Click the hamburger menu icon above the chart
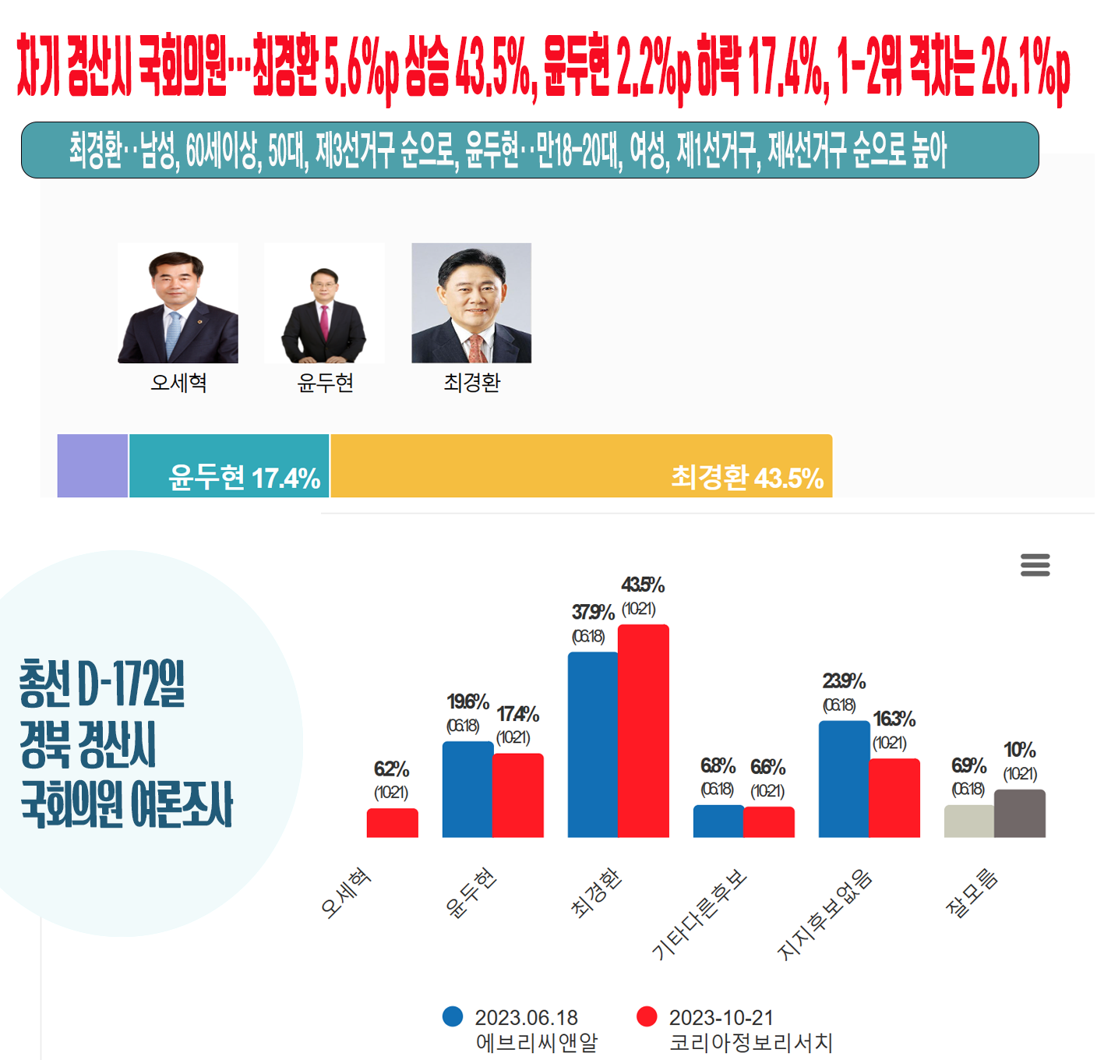(1035, 564)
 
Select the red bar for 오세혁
(392, 823)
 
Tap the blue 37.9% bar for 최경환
(592, 744)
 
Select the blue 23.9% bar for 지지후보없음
(844, 779)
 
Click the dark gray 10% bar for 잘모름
(1020, 814)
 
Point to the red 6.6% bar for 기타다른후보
(769, 822)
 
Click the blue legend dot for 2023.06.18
(453, 1016)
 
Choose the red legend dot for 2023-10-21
(647, 1016)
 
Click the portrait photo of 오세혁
(178, 303)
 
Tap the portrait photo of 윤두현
(324, 303)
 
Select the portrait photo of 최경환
(471, 303)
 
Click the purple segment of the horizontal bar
(93, 466)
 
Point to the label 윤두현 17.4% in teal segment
(245, 478)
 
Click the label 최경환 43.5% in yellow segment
(747, 478)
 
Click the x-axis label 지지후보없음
(824, 913)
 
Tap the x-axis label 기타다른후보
(699, 913)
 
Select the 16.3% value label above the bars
(894, 719)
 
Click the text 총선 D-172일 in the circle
(102, 684)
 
